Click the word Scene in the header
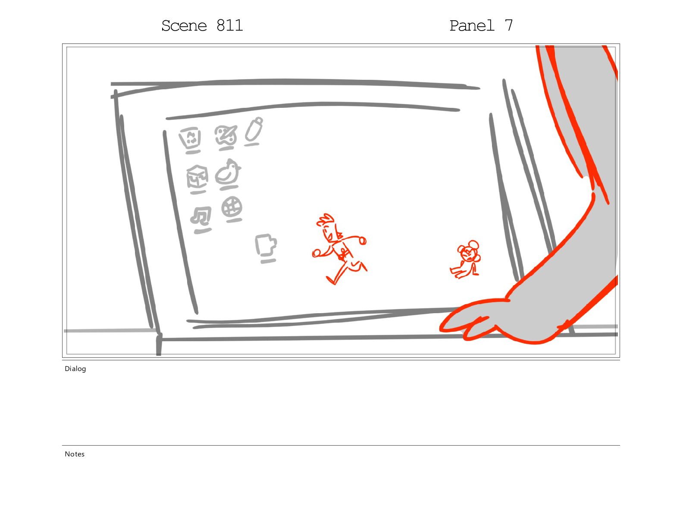pyautogui.click(x=184, y=26)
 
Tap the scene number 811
pyautogui.click(x=230, y=25)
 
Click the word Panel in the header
pyautogui.click(x=472, y=26)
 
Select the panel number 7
pyautogui.click(x=509, y=25)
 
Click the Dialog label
pyautogui.click(x=75, y=369)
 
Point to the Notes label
pyautogui.click(x=75, y=454)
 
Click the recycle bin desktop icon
pyautogui.click(x=190, y=140)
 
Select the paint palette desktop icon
pyautogui.click(x=226, y=138)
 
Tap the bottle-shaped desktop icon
pyautogui.click(x=254, y=132)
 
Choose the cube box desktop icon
pyautogui.click(x=197, y=179)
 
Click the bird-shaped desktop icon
pyautogui.click(x=228, y=174)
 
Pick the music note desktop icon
pyautogui.click(x=201, y=220)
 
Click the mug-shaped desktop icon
pyautogui.click(x=266, y=248)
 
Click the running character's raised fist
pyautogui.click(x=362, y=241)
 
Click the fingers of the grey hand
pyautogui.click(x=465, y=324)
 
